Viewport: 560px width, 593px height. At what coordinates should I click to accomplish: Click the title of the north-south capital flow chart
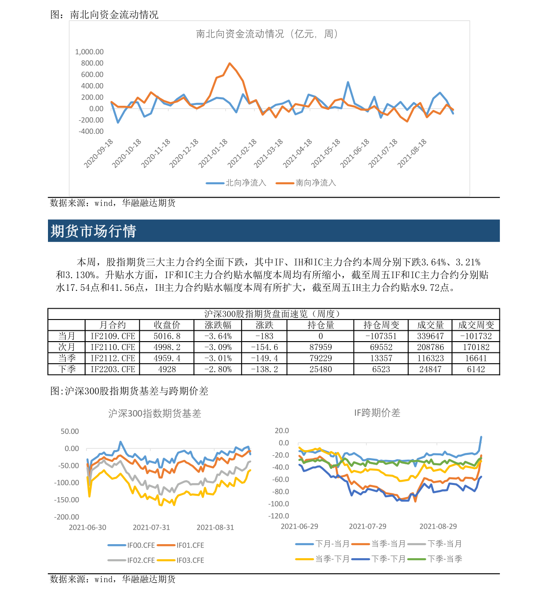tap(267, 34)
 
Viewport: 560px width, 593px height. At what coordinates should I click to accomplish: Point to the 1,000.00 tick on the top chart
tap(89, 52)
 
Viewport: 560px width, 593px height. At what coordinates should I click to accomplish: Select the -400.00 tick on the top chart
tap(91, 132)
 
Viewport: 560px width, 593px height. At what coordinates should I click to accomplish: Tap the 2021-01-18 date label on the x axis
tap(213, 153)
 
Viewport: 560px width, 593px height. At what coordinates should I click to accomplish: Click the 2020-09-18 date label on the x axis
tap(99, 153)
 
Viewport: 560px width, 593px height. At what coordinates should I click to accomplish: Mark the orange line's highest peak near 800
tap(229, 63)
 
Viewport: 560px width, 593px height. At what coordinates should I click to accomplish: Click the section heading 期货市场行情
tap(94, 231)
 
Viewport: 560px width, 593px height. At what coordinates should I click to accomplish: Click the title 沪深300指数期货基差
tap(155, 414)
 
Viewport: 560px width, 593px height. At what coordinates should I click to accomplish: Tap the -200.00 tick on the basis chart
tap(67, 517)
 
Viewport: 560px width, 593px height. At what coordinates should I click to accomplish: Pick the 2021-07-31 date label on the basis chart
tap(151, 527)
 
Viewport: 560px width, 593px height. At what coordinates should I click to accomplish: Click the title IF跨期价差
tap(377, 413)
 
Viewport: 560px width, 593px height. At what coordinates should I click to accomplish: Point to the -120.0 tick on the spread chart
tap(279, 516)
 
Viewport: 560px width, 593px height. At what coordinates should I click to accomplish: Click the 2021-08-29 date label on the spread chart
tap(438, 526)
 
